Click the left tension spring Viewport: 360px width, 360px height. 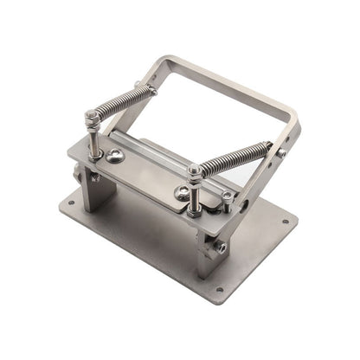pyautogui.click(x=119, y=103)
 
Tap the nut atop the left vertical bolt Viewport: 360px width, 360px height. pyautogui.click(x=90, y=116)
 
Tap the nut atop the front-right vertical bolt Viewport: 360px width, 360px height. pyautogui.click(x=195, y=172)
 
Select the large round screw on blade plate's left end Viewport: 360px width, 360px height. pyautogui.click(x=115, y=156)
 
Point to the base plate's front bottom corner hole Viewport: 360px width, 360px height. pyautogui.click(x=219, y=289)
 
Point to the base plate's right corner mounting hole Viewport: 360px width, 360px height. pyautogui.click(x=285, y=221)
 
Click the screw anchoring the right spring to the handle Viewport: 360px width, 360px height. pyautogui.click(x=281, y=153)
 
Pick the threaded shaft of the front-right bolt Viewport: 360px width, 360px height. pyautogui.click(x=196, y=196)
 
